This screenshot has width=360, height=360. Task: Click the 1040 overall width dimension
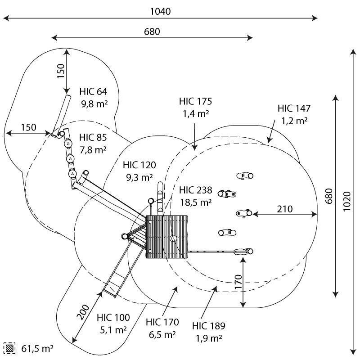(x=160, y=11)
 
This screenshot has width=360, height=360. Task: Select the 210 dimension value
(x=285, y=209)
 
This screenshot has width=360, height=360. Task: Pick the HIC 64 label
(x=93, y=91)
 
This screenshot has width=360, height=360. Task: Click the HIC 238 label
(x=195, y=190)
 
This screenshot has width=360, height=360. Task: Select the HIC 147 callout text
(x=294, y=108)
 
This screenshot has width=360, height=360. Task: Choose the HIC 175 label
(x=195, y=101)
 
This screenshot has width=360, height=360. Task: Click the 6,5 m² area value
(x=162, y=334)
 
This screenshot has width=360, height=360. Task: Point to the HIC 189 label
(x=208, y=326)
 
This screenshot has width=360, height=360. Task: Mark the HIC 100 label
(x=113, y=317)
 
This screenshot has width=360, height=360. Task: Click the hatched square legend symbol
(x=9, y=348)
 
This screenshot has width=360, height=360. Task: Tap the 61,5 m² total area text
(x=38, y=348)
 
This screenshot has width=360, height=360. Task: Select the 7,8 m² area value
(x=93, y=150)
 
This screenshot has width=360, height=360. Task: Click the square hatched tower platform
(x=166, y=236)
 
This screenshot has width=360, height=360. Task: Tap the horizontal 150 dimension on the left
(x=28, y=127)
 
